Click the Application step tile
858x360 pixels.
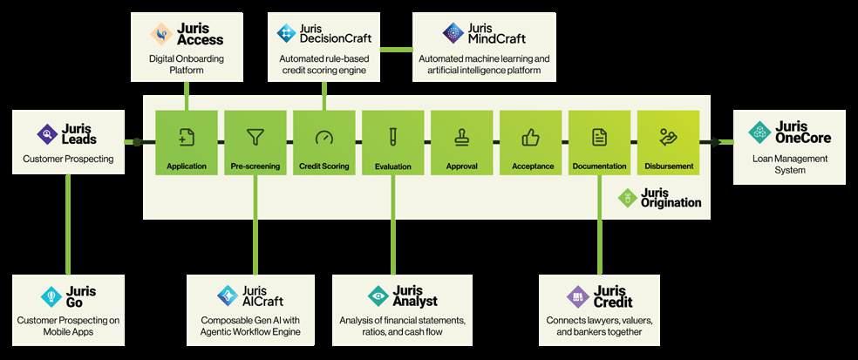[x=186, y=142]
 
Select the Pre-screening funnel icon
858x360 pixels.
[x=255, y=137]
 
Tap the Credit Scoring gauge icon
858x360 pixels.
[x=323, y=137]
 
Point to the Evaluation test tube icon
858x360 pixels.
[x=392, y=137]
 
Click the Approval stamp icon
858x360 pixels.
[x=461, y=137]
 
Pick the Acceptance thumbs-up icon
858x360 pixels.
[x=530, y=137]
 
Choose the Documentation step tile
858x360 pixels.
[x=599, y=142]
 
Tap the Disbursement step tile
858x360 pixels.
[x=668, y=142]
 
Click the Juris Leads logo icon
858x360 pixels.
[x=47, y=133]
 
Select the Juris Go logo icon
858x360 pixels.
[x=50, y=295]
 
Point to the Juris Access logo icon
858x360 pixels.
[x=161, y=34]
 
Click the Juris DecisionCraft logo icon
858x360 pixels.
[x=286, y=34]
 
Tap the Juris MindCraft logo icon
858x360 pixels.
[x=453, y=34]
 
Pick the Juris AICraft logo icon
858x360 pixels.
[x=227, y=295]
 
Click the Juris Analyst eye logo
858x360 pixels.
[x=378, y=295]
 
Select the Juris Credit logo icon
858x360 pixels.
[x=576, y=295]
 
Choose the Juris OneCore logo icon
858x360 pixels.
[x=759, y=132]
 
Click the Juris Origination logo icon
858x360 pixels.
[x=626, y=198]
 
